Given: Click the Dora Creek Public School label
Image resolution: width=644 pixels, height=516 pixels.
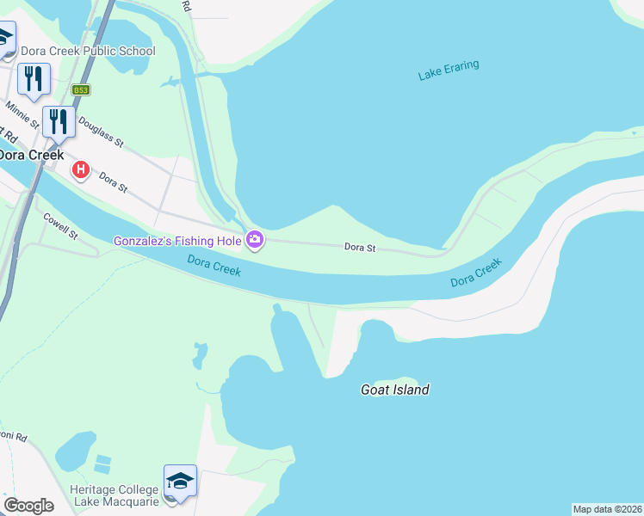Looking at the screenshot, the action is [x=88, y=51].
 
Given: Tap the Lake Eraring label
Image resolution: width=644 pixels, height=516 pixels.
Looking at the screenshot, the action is [x=449, y=71].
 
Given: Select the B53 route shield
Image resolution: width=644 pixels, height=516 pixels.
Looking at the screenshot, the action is [x=81, y=89].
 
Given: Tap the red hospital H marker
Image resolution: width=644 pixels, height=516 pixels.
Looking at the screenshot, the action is [x=81, y=170].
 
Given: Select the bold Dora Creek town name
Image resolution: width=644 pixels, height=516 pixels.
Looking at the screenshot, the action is [x=31, y=155].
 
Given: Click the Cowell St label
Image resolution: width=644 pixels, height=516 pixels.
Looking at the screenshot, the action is [x=60, y=227].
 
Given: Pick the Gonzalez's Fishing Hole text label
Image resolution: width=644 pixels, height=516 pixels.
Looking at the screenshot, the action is [x=178, y=240].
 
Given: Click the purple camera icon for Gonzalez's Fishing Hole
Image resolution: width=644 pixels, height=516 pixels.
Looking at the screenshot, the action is [x=255, y=240].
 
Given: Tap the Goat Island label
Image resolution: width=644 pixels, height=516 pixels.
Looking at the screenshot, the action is [x=394, y=390].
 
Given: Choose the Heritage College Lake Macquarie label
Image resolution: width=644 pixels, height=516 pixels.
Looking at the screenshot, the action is [x=114, y=495].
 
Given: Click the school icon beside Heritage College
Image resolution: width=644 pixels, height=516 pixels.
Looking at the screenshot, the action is [x=180, y=481].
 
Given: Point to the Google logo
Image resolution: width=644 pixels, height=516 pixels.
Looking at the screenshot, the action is [x=28, y=506].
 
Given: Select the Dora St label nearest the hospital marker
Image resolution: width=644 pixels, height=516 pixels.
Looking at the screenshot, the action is [x=113, y=181].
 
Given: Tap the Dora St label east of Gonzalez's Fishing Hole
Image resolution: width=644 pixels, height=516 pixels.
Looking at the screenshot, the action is [x=360, y=248].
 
